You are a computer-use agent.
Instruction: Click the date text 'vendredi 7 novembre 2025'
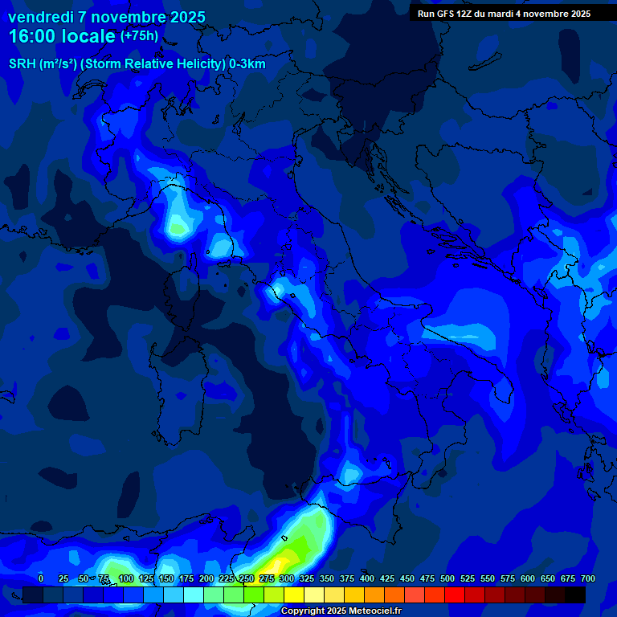[x=106, y=17]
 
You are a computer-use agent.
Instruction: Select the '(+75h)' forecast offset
[x=139, y=36]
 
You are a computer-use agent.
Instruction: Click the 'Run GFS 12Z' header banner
[x=504, y=14]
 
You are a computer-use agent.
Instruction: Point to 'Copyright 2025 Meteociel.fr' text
[x=341, y=611]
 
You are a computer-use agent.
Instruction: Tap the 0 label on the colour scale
[x=41, y=578]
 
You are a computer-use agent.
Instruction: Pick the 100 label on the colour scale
[x=125, y=578]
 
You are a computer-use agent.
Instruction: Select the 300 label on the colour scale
[x=287, y=578]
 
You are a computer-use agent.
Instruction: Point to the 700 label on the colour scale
[x=587, y=578]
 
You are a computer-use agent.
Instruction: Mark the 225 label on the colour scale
[x=227, y=578]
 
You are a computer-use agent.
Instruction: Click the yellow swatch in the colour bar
[x=294, y=595]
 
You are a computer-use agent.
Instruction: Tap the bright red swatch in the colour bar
[x=455, y=595]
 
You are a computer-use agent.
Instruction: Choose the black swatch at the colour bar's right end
[x=575, y=595]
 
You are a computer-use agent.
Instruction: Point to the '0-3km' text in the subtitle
[x=247, y=64]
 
